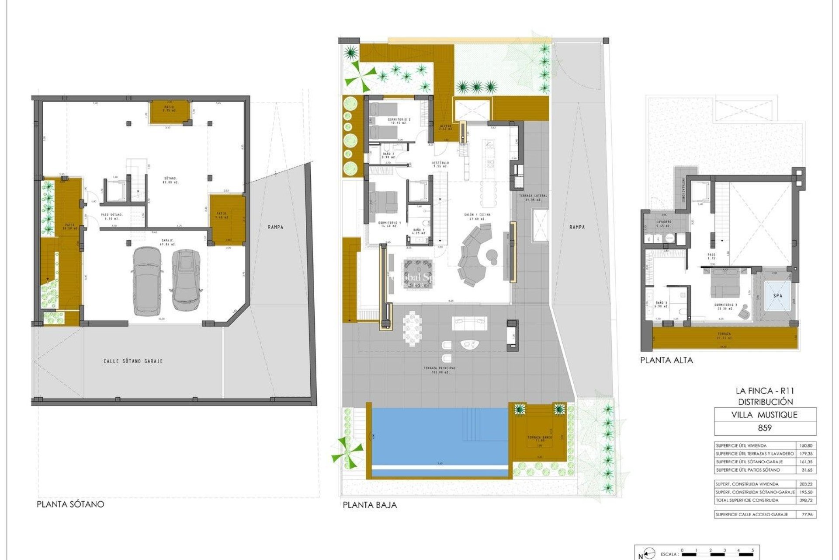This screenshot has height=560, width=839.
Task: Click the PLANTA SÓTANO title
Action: click(70, 504)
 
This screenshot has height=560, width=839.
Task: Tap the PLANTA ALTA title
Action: click(666, 360)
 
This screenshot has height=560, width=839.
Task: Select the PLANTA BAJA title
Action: click(370, 505)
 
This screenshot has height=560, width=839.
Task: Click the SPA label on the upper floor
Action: click(777, 296)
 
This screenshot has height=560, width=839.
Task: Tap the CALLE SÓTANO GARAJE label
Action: click(133, 361)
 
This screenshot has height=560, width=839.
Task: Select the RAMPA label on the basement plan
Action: click(276, 227)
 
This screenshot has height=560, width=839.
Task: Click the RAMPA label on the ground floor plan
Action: click(577, 227)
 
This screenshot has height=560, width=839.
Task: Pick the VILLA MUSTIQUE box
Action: click(765, 415)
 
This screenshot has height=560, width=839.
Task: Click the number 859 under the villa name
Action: click(765, 428)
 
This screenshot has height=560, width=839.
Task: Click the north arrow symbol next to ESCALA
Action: click(650, 553)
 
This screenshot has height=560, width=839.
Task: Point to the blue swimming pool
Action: click(437, 435)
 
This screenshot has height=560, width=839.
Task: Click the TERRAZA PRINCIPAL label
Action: click(440, 370)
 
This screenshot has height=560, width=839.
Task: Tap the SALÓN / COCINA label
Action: click(477, 215)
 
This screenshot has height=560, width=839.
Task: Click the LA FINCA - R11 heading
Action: click(765, 391)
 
